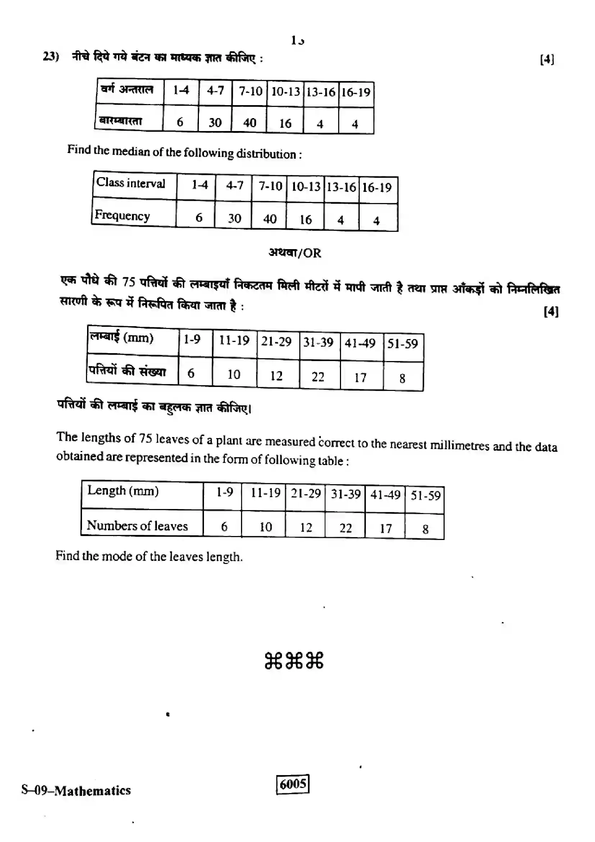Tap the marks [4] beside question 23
pos(547,59)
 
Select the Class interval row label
pos(131,183)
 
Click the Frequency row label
pos(122,215)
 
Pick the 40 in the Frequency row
pos(270,219)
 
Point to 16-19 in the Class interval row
pos(377,188)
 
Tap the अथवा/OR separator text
pos(295,253)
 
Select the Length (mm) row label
pos(123,491)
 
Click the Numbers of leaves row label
pos(137,526)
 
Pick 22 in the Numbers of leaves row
pos(345,528)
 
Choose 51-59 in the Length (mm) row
pos(425,496)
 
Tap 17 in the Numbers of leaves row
pos(385,528)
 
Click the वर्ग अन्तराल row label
pos(127,89)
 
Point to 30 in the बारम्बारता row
pos(215,122)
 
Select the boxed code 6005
pos(293,784)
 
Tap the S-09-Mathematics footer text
pos(76,790)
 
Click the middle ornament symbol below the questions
pos(294,661)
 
